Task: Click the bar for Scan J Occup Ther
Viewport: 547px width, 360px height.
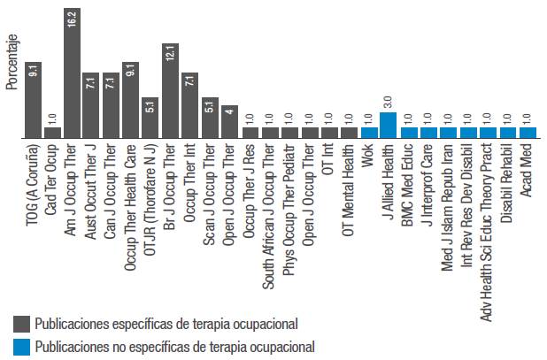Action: [209, 118]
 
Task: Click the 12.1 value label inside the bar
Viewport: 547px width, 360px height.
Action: [170, 53]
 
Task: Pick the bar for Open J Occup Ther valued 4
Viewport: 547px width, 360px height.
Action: [228, 122]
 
